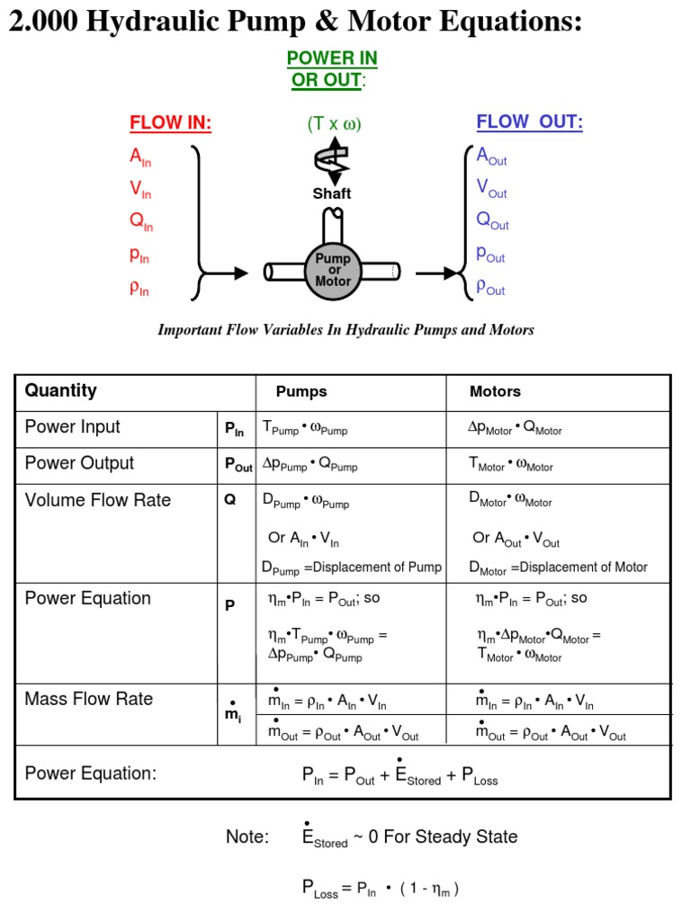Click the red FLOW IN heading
point(170,123)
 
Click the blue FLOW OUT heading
point(529,122)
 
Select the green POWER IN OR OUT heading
point(332,69)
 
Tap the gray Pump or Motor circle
point(333,270)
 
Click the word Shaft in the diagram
point(332,193)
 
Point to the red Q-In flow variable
point(140,223)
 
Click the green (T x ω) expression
point(333,124)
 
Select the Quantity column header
point(60,390)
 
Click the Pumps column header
point(301,391)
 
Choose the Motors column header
point(495,391)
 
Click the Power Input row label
point(72,427)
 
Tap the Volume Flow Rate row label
point(97,500)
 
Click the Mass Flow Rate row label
point(88,699)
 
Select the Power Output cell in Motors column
point(510,464)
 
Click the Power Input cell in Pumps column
point(304,428)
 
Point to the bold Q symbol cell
point(230,500)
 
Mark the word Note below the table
point(247,836)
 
